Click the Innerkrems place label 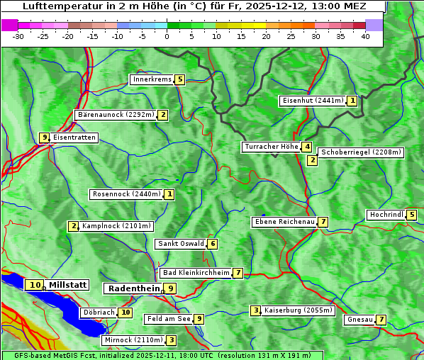pos(152,79)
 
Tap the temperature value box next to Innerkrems pos(180,79)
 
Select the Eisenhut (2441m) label pos(313,101)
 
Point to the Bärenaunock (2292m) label pos(115,115)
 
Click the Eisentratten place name pos(74,137)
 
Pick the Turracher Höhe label pos(271,147)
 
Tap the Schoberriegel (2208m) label pos(361,152)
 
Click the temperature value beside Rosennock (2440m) pos(169,194)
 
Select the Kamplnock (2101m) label pos(116,227)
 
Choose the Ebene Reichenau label pos(284,223)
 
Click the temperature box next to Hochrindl pos(412,215)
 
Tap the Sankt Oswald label pos(180,244)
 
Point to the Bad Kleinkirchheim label pos(196,273)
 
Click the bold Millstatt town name pos(68,285)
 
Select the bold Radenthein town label pos(133,288)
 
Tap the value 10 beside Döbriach pos(125,312)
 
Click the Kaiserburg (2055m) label pos(298,310)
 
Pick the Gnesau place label pos(359,320)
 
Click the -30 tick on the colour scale pos(18,35)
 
